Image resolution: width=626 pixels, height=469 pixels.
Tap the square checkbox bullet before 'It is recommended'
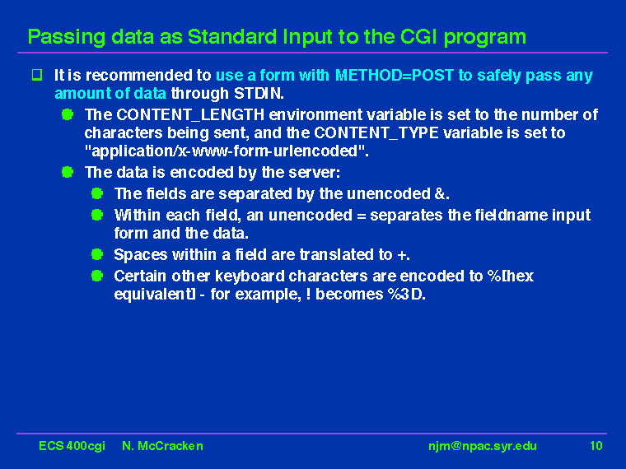coord(37,75)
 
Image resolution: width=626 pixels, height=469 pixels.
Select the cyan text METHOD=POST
coord(394,75)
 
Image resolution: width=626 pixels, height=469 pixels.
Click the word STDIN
coord(259,93)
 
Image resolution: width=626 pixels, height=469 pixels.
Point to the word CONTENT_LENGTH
coord(190,115)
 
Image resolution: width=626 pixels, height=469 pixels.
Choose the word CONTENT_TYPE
coord(376,132)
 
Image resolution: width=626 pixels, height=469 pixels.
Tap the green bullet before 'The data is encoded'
coord(68,172)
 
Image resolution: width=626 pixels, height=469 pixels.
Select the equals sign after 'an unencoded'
coord(362,216)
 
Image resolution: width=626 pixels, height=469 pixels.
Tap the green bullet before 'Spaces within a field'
coord(97,254)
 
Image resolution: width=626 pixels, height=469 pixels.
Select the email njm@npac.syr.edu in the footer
coord(483,446)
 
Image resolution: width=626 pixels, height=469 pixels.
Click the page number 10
coord(596,445)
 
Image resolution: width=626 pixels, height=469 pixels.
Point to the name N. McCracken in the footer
coord(162,446)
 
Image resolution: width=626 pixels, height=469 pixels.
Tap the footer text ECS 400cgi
coord(72,446)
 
